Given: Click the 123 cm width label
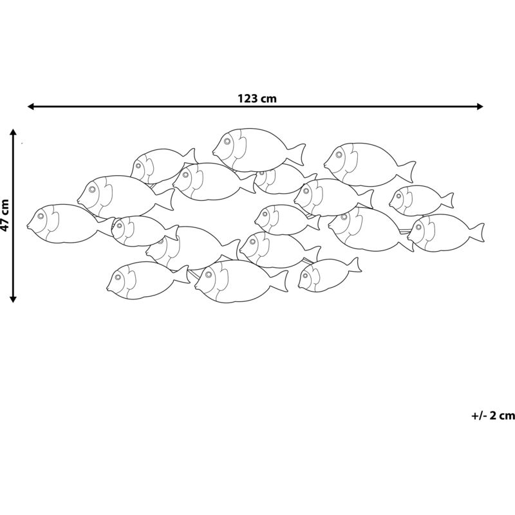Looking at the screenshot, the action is point(257,98).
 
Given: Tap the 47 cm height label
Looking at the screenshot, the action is point(5,215).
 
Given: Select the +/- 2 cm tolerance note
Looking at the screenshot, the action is point(493,415).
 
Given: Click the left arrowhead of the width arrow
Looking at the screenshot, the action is point(31,106).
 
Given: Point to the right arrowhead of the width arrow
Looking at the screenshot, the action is point(480,106).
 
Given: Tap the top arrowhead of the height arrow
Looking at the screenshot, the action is point(13,133).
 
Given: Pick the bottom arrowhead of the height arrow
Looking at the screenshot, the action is point(13,299).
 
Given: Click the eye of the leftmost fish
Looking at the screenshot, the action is point(41,216).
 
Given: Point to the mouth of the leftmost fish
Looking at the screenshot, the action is point(28,226).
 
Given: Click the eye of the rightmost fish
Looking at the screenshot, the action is point(420,227).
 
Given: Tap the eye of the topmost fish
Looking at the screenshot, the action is point(227,142).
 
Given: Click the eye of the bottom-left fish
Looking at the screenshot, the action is point(118,277).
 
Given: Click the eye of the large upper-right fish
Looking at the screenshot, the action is point(339,154).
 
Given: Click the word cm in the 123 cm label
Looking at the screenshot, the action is point(269,98).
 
